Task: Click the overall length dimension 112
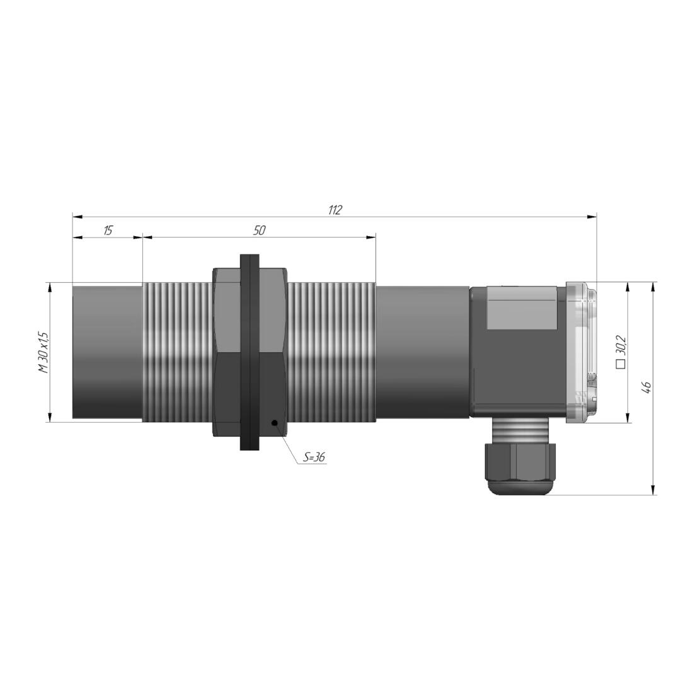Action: [335, 210]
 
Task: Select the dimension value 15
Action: [108, 230]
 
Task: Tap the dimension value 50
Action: [260, 230]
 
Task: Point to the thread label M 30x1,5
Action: [44, 352]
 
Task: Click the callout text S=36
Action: [314, 457]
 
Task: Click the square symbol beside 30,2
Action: [621, 364]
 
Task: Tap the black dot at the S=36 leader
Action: [275, 423]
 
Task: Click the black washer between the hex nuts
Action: [249, 352]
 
